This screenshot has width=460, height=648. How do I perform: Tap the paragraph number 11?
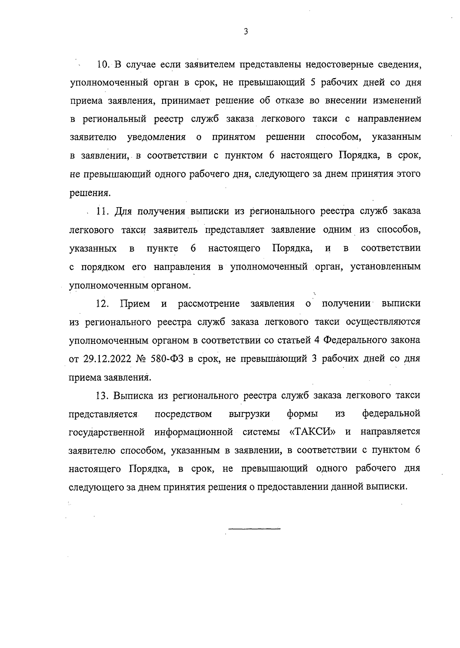[103, 212]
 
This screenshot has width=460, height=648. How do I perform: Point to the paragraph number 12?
[103, 304]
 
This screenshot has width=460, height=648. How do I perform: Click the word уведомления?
[156, 137]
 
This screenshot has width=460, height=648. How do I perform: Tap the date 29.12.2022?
[107, 359]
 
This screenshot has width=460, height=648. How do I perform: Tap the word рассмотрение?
[209, 304]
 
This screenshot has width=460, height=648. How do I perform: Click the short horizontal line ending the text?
[255, 529]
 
